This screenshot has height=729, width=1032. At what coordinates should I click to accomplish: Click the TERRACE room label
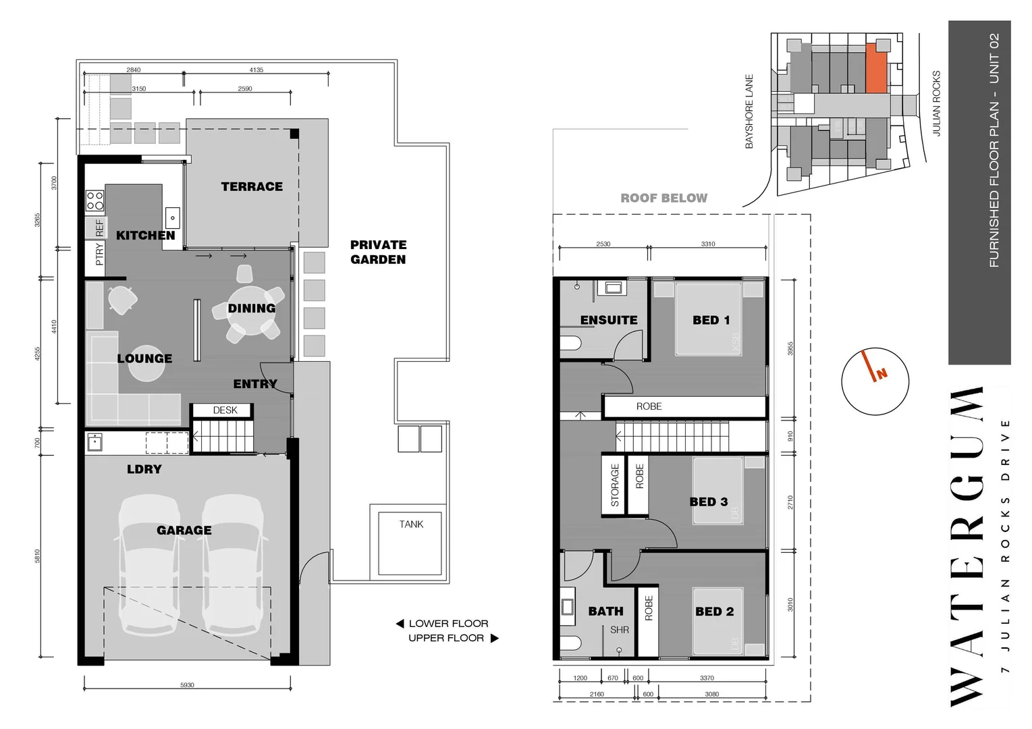point(252,187)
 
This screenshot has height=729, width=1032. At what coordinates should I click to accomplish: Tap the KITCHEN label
point(145,236)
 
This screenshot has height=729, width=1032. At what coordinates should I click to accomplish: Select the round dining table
point(250,310)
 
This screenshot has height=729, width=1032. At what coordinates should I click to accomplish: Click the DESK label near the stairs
point(225,410)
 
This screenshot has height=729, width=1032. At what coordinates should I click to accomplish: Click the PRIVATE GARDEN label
point(378,252)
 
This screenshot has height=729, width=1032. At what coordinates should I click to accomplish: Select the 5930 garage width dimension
point(187,685)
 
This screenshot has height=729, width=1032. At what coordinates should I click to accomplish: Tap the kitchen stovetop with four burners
point(94,200)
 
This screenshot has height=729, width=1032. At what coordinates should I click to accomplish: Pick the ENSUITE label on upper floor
point(609,320)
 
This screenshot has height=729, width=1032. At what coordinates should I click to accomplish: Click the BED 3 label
point(709,502)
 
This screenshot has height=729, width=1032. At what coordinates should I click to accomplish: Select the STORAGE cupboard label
point(615,485)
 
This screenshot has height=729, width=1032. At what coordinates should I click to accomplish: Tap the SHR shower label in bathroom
point(620,630)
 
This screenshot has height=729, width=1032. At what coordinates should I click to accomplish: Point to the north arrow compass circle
point(875,381)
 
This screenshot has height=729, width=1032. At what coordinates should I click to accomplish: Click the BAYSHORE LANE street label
point(749,111)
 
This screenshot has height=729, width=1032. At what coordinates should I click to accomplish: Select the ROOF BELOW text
point(664,198)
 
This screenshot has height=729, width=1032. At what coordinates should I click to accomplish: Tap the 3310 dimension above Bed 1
point(707,244)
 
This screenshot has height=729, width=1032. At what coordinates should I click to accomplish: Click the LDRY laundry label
point(144,469)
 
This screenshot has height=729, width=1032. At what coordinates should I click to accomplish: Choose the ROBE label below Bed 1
point(649,406)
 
